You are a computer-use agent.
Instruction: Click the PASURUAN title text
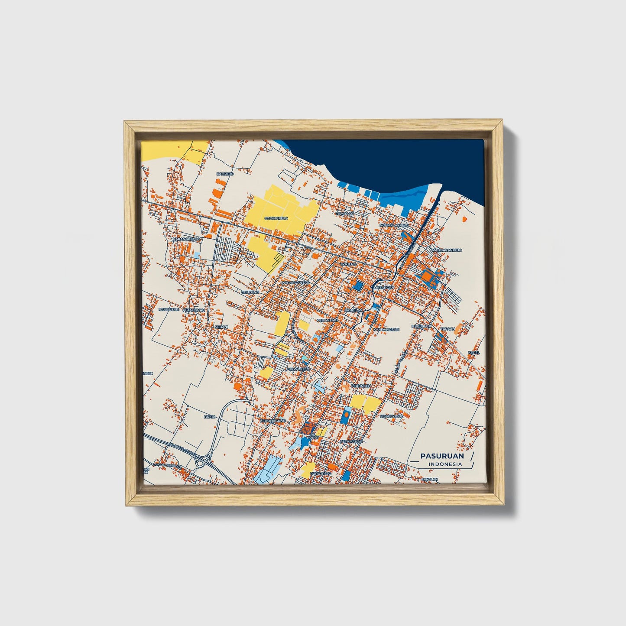click(442, 456)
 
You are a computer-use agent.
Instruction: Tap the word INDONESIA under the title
click(445, 464)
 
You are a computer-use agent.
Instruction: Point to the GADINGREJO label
click(276, 218)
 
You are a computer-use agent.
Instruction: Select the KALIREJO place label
click(225, 174)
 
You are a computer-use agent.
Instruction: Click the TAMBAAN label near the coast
click(345, 214)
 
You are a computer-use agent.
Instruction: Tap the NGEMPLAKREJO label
click(394, 226)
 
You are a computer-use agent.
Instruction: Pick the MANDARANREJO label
click(447, 250)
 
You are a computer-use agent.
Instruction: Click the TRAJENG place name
click(348, 264)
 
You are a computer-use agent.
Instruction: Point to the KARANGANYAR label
click(295, 283)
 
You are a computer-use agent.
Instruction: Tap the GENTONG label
click(250, 292)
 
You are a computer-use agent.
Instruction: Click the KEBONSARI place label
click(327, 320)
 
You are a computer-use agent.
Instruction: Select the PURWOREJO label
click(298, 369)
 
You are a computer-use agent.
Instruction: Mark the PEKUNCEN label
click(360, 385)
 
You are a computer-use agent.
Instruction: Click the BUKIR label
click(209, 416)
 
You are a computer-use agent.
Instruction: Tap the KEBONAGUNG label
click(272, 421)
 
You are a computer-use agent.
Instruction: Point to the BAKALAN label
click(429, 479)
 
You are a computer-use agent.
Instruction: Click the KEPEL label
click(474, 352)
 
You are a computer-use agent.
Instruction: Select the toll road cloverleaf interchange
click(201, 462)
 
